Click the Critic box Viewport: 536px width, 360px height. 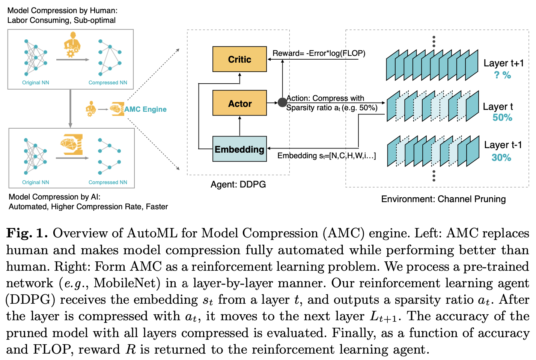pos(239,59)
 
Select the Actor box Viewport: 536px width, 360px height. pos(239,103)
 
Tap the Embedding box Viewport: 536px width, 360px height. pos(239,149)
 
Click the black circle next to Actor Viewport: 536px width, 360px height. pos(282,102)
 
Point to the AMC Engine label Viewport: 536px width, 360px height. pos(145,109)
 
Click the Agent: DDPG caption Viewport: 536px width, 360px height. pos(238,184)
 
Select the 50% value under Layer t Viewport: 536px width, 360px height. pos(502,117)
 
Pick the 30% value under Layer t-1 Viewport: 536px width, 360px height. pos(501,157)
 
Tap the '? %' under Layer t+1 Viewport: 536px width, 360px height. pos(503,75)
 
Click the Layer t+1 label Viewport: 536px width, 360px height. pos(503,63)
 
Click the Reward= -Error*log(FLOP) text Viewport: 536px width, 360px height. pos(319,53)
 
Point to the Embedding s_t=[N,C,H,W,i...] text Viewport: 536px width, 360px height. pos(327,156)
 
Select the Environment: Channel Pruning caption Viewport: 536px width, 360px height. pos(443,199)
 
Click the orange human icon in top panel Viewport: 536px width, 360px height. pos(72,45)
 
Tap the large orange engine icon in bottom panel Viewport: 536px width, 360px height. pos(72,144)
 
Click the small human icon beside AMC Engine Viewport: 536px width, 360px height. pos(91,109)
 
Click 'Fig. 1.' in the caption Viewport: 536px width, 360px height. pos(27,233)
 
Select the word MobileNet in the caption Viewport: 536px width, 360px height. pos(126,283)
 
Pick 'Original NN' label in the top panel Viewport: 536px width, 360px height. pos(35,82)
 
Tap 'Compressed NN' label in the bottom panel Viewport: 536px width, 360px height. pos(108,182)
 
